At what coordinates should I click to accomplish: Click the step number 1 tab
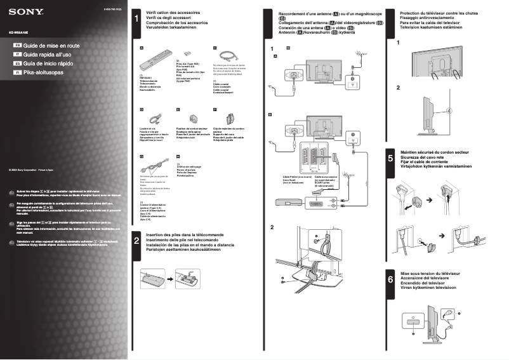tap(136, 20)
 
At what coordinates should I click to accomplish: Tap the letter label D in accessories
tap(142, 109)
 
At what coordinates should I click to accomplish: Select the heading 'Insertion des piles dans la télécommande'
tap(184, 235)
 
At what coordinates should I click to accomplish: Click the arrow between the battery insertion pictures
tap(168, 277)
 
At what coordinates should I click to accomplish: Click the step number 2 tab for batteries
tap(136, 242)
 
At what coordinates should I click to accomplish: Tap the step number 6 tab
tap(390, 279)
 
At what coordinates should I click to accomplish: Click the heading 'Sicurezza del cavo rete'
tap(425, 157)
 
